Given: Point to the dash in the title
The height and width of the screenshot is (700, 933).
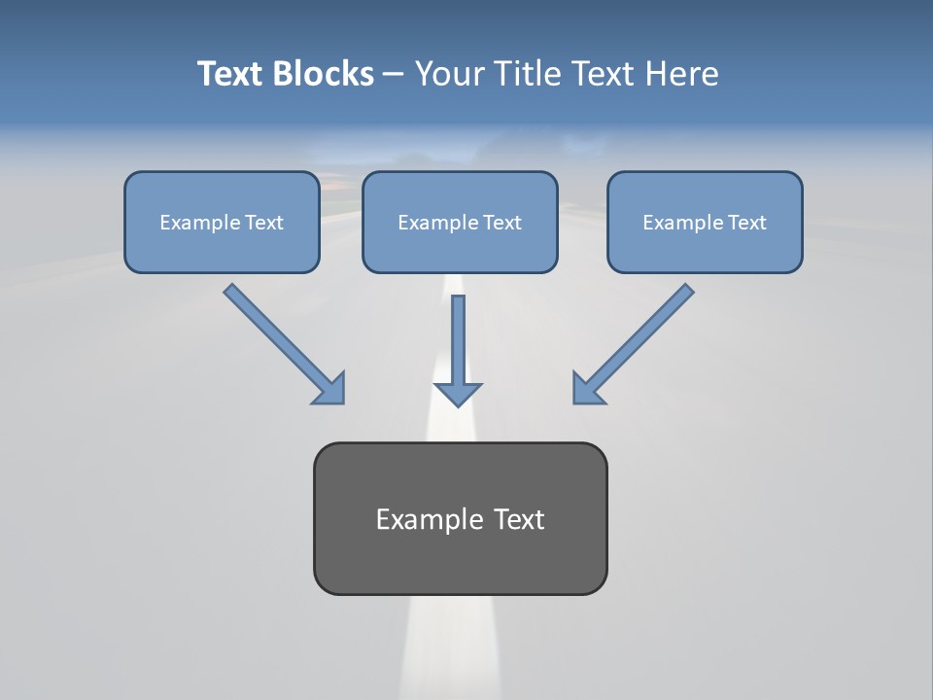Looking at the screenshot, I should [x=394, y=75].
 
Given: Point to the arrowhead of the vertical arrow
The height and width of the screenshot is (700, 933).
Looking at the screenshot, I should [x=458, y=394].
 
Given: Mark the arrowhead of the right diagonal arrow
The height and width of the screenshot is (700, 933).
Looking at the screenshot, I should [x=587, y=389].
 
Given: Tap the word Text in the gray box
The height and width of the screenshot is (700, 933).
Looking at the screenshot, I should [x=519, y=519].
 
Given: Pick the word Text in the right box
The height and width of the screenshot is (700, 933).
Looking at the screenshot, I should [x=747, y=223].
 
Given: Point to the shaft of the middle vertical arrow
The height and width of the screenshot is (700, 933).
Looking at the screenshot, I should [x=458, y=335].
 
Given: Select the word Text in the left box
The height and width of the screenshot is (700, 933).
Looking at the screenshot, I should [x=264, y=223].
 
